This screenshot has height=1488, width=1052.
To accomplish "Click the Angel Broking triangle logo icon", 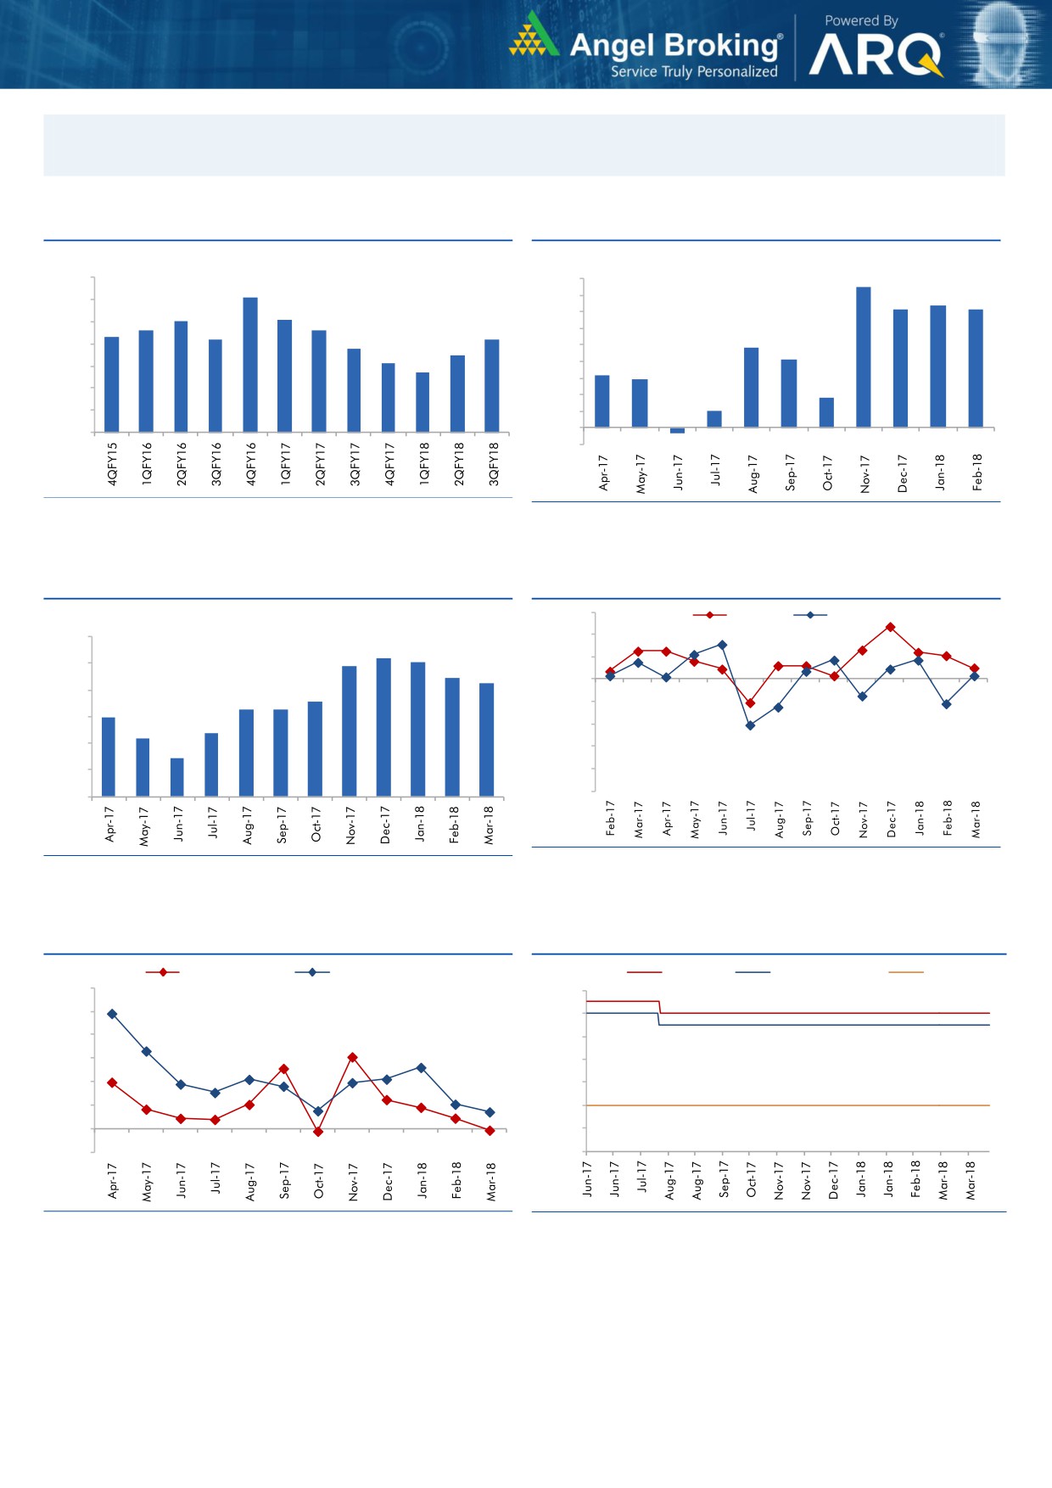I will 532,36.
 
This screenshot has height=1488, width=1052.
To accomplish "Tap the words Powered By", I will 861,20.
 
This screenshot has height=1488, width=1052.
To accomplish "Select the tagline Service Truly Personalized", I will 694,72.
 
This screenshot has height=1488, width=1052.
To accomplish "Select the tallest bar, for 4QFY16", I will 250,365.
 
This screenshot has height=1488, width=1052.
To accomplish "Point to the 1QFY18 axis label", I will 424,463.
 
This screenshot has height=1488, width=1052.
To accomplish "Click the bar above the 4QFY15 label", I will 112,384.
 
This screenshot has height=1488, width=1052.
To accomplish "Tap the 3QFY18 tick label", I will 494,463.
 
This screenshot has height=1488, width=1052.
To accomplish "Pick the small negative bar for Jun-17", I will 677,430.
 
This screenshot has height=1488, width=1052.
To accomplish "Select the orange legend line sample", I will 905,972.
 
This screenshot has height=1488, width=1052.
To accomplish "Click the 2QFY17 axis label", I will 320,463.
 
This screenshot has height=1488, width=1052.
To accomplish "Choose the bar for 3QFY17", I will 354,390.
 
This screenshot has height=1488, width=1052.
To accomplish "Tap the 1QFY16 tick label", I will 147,463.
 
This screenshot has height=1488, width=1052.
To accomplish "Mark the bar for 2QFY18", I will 458,394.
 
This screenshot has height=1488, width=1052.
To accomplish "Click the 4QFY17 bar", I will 389,398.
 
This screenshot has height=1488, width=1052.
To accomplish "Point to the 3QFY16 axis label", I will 216,463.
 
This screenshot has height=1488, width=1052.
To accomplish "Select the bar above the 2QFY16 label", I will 181,377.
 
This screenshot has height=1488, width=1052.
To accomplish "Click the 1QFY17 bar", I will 285,376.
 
